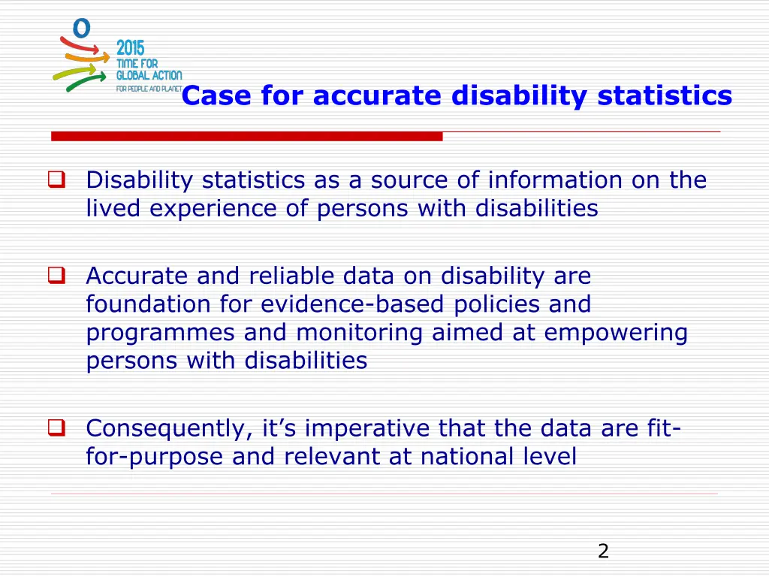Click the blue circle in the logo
coord(81,29)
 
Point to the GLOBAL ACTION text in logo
coord(149,76)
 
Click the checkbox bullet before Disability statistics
coord(56,180)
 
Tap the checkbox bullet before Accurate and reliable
coord(56,276)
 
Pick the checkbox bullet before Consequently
coord(56,428)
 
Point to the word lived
coord(113,208)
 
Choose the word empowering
coord(615,332)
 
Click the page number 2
coord(603,551)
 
